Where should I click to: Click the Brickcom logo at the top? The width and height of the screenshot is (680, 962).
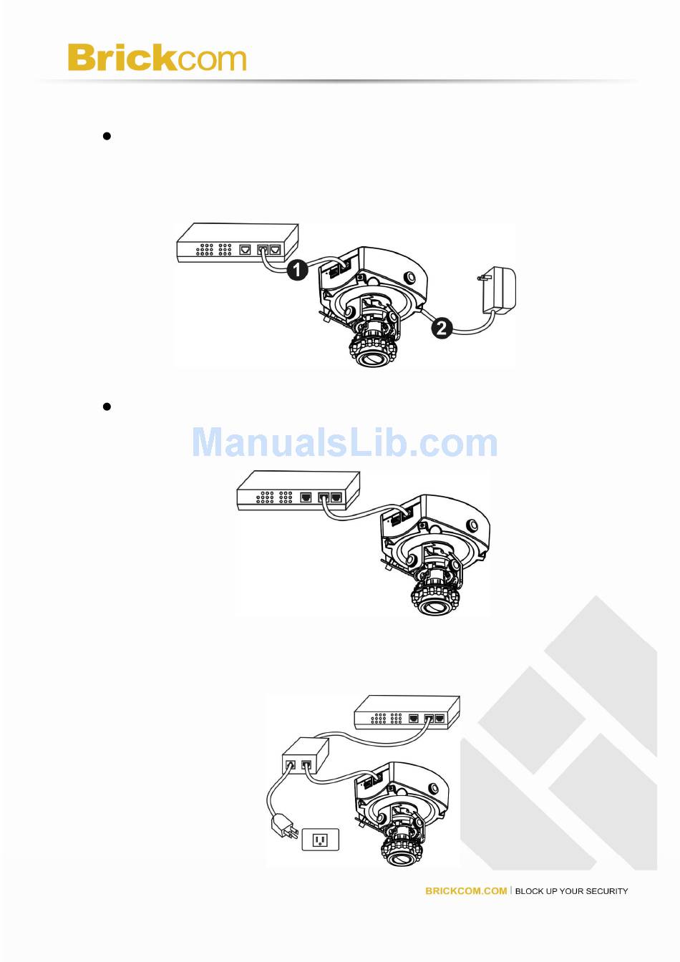(x=157, y=58)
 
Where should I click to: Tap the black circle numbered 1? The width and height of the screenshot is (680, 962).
(x=297, y=270)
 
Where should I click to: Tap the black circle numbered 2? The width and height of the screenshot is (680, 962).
(x=442, y=329)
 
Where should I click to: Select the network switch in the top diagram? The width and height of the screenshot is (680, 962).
(x=237, y=243)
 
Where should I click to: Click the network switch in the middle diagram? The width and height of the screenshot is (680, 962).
(x=298, y=490)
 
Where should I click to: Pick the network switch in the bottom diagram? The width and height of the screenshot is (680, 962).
(x=407, y=712)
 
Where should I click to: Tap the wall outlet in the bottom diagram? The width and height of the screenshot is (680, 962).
(x=320, y=840)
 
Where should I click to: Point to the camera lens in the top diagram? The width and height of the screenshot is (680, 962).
(x=373, y=356)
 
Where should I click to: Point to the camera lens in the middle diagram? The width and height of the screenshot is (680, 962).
(x=434, y=606)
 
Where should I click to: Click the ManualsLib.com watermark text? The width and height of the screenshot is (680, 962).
(x=344, y=443)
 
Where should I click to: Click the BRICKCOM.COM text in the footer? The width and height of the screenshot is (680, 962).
(x=466, y=891)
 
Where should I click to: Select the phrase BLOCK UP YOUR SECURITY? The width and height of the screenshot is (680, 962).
(x=571, y=891)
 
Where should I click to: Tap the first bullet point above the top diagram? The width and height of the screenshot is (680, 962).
(x=107, y=136)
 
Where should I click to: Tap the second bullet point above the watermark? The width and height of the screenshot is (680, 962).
(x=107, y=407)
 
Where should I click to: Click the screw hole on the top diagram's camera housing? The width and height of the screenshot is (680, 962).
(x=411, y=278)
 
